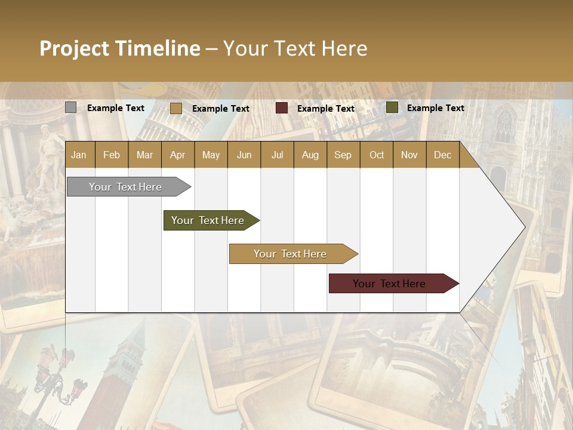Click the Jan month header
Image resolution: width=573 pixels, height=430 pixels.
(79, 155)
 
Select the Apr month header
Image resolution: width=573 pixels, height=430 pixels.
(177, 155)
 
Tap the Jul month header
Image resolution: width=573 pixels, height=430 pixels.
(277, 155)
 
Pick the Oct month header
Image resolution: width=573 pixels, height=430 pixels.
(377, 155)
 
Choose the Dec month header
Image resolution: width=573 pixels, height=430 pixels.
(442, 155)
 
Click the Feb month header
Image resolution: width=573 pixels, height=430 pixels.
(112, 155)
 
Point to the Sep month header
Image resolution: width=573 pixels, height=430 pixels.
(343, 155)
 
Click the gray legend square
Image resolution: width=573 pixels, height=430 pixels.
(70, 107)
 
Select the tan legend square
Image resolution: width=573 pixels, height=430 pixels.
(175, 108)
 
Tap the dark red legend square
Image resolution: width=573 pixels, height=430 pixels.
(281, 108)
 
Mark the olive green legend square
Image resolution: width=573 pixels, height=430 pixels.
(392, 107)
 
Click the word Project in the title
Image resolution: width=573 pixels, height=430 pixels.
(75, 48)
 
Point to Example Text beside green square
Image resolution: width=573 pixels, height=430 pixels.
(435, 108)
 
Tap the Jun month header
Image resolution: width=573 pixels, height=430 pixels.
(244, 155)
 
